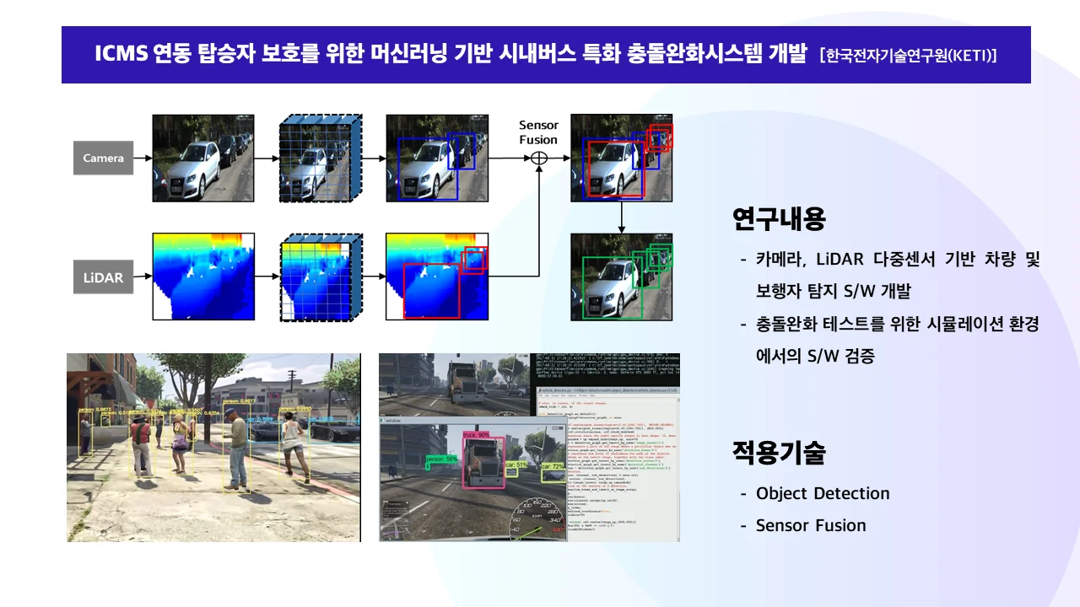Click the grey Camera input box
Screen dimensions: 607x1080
(x=103, y=158)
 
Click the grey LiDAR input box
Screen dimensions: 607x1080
(x=103, y=277)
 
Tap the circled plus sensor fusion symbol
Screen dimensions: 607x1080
(x=538, y=158)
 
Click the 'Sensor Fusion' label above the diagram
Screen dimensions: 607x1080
(x=538, y=132)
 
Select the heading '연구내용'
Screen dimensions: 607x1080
(x=779, y=219)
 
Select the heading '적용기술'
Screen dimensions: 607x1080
(x=779, y=453)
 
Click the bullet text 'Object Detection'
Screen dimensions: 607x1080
(x=823, y=493)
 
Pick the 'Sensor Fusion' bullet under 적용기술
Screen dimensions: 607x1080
(x=811, y=525)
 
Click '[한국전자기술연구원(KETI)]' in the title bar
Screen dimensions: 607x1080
(x=908, y=56)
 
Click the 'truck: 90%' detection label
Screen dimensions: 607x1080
(x=477, y=435)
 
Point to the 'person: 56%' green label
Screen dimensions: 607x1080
(x=441, y=459)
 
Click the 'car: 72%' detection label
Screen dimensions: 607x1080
(x=553, y=465)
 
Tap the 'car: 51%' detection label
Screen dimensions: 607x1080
(x=516, y=464)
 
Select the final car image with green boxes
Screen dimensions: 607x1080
(x=621, y=277)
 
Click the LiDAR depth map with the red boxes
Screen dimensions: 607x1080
(x=436, y=277)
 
